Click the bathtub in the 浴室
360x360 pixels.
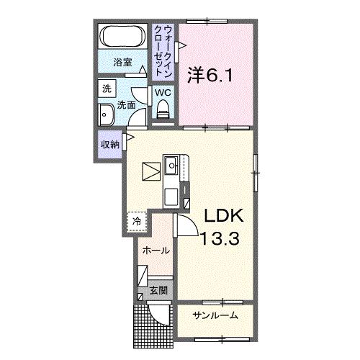(123, 37)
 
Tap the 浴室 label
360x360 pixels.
(123, 63)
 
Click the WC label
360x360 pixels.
(162, 93)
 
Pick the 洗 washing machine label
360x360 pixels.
(107, 89)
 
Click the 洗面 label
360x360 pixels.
(127, 105)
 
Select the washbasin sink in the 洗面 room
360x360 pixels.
(106, 114)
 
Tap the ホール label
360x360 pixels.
(156, 251)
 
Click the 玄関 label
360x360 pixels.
(158, 291)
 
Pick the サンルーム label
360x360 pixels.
(215, 315)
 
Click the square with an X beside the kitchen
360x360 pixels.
(151, 171)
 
